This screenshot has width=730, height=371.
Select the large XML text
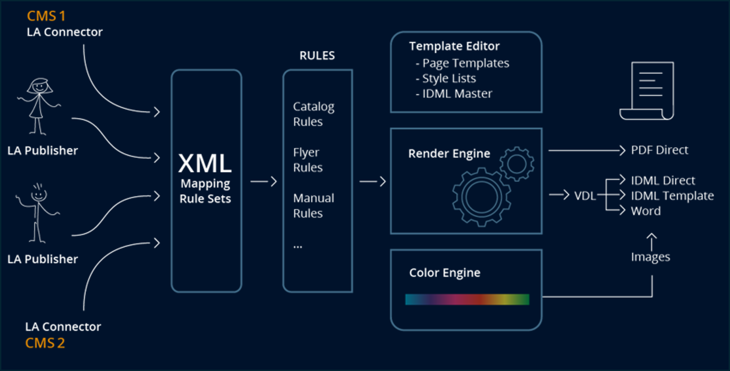tap(205, 163)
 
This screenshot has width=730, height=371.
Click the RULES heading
tap(317, 56)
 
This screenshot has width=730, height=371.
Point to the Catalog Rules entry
tap(313, 114)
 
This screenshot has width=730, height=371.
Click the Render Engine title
tap(449, 154)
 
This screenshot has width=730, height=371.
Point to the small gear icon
tap(517, 164)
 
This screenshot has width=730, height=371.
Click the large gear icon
tap(481, 197)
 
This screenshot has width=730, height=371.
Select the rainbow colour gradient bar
tap(467, 300)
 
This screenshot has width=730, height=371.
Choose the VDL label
tap(585, 196)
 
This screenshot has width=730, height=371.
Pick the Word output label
tap(646, 211)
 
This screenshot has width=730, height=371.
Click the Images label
tap(650, 257)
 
